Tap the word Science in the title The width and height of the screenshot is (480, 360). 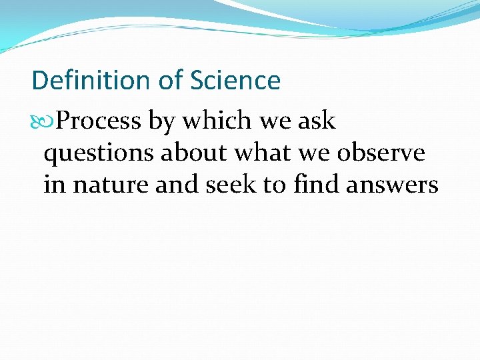coord(235,81)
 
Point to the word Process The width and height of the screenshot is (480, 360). coord(99,121)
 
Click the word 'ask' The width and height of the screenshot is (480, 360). coord(317,121)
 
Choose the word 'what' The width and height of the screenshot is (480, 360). coord(263,153)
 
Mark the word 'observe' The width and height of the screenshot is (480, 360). coord(381,153)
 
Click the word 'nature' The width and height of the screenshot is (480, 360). coord(111,185)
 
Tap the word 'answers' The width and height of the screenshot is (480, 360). coord(392,185)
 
